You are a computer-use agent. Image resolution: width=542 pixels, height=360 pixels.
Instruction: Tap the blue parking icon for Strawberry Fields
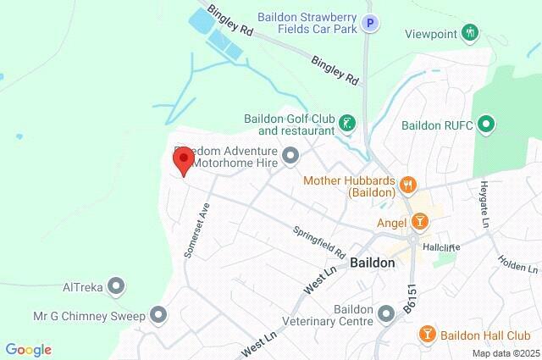(x=368, y=25)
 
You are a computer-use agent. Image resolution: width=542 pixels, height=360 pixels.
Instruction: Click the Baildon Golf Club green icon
(x=346, y=125)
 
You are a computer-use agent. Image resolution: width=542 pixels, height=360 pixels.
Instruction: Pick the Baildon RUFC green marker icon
(x=486, y=125)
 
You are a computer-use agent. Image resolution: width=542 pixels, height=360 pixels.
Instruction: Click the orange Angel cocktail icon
(x=418, y=222)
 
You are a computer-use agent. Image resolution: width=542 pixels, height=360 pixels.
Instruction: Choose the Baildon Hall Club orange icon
(x=428, y=335)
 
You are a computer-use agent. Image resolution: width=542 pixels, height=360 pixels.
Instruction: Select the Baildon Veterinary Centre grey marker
(x=386, y=315)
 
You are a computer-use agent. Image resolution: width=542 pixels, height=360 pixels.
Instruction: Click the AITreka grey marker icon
(x=117, y=287)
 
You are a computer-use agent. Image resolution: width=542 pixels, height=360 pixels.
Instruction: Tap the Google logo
(x=28, y=350)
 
